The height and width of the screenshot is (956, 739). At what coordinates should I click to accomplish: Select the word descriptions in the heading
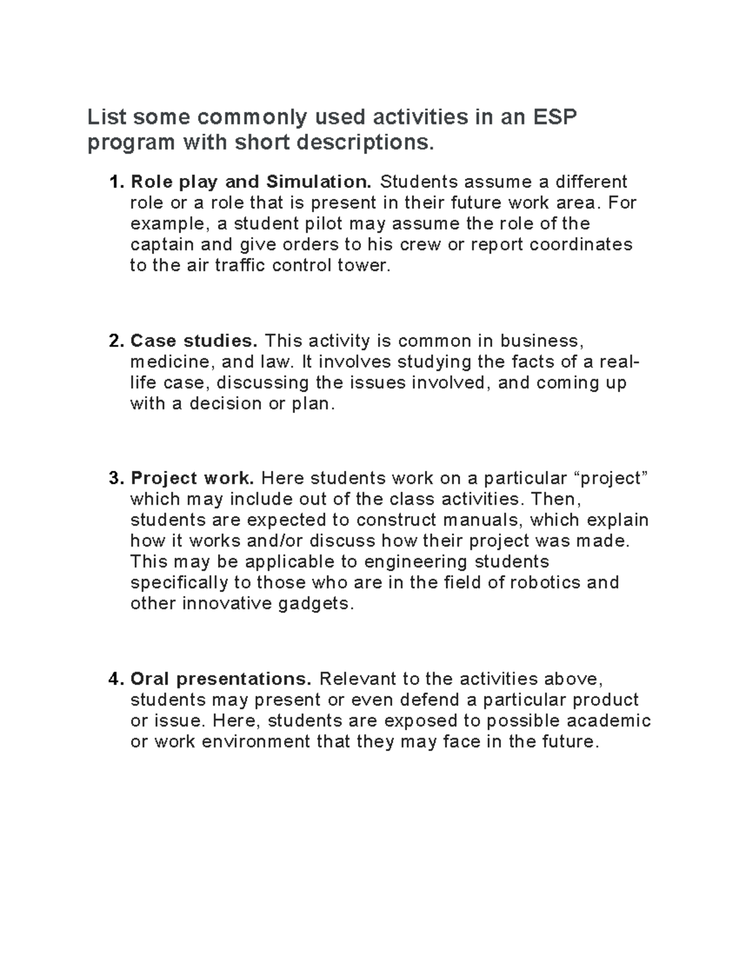pyautogui.click(x=366, y=143)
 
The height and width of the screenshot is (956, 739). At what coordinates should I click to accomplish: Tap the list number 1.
pyautogui.click(x=115, y=182)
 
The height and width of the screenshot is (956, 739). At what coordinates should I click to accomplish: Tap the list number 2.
pyautogui.click(x=115, y=341)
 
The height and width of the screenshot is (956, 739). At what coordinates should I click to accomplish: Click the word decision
pyautogui.click(x=225, y=404)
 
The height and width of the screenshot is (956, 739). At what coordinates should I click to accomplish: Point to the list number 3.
pyautogui.click(x=115, y=478)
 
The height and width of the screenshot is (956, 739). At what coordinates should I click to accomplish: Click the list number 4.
pyautogui.click(x=115, y=679)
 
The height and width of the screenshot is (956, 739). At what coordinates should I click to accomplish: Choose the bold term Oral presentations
pyautogui.click(x=222, y=679)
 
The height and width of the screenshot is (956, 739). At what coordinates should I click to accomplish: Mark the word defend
pyautogui.click(x=430, y=700)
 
